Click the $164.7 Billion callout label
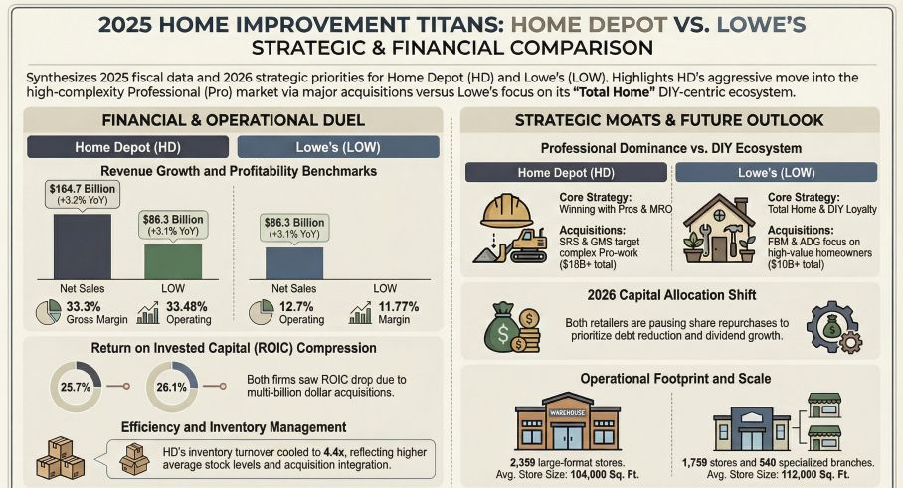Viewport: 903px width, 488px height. coord(82,195)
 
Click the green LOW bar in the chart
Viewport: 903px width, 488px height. coord(173,261)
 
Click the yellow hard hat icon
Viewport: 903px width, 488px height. coord(506,212)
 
